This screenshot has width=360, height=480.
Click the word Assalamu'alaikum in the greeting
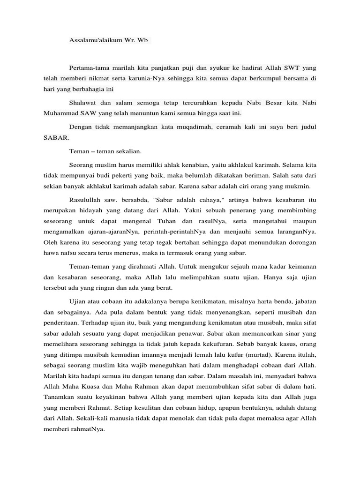click(96, 41)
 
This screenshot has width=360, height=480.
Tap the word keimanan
click(299, 266)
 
